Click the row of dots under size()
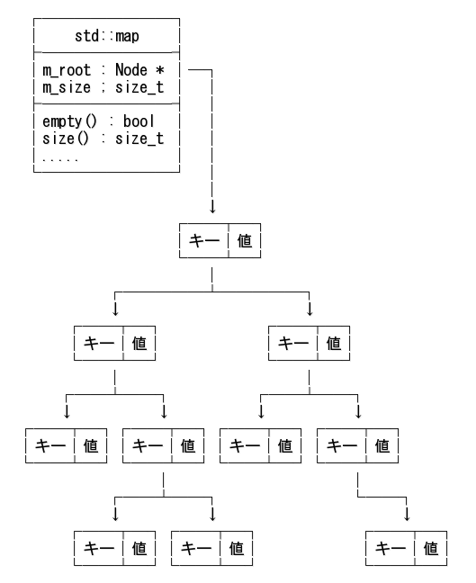tap(60, 157)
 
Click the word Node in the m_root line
tap(131, 69)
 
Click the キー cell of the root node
tap(203, 242)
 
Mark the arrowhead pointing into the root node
tap(212, 207)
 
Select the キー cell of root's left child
tap(97, 343)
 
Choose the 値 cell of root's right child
tap(334, 343)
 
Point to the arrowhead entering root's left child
tap(115, 309)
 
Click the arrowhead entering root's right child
tap(310, 309)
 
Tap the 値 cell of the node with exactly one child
tap(383, 444)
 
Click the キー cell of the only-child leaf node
tap(391, 546)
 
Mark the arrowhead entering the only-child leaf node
tap(408, 513)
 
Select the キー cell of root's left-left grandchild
tap(49, 444)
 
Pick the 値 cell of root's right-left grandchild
tap(285, 444)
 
